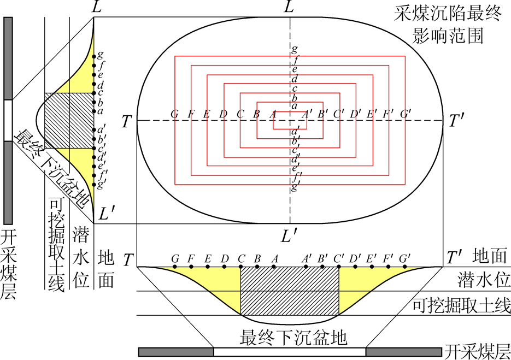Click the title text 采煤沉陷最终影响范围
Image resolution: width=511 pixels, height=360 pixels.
click(448, 25)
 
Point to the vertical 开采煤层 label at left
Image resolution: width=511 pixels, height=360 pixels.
click(8, 264)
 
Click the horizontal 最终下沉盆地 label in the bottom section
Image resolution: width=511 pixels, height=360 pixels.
click(293, 338)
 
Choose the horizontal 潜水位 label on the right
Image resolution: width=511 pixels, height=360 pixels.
click(484, 280)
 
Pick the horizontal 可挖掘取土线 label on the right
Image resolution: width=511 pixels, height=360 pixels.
click(461, 305)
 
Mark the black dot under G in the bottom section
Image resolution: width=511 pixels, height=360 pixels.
click(175, 267)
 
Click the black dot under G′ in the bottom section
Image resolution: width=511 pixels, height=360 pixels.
click(405, 267)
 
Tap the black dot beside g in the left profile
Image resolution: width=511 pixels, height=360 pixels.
click(94, 57)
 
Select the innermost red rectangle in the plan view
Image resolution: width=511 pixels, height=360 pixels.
click(290, 121)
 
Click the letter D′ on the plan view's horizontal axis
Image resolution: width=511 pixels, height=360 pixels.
click(355, 114)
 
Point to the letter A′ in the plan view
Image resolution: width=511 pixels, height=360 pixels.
click(307, 114)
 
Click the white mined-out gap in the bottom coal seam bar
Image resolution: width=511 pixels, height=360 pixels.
click(290, 352)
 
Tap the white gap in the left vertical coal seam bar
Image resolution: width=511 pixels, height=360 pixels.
click(8, 121)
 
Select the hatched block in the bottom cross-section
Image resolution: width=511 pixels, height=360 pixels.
click(290, 291)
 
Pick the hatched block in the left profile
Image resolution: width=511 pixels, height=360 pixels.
click(69, 121)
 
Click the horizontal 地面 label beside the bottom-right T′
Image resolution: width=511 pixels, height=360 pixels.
click(490, 256)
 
